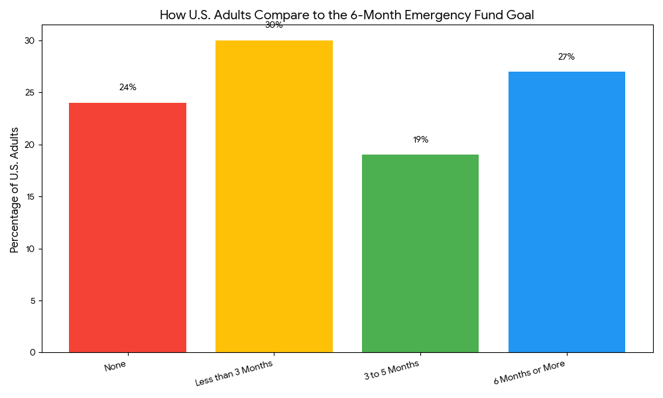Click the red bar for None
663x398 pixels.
[x=127, y=228]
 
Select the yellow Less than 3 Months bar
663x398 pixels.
[x=274, y=196]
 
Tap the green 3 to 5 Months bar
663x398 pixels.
[x=420, y=253]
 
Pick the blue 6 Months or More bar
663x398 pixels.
[x=567, y=212]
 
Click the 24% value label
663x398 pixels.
[x=127, y=88]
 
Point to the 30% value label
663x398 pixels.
[x=274, y=25]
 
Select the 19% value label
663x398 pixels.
[x=420, y=140]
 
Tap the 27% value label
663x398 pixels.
[x=566, y=57]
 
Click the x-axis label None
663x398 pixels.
[x=115, y=366]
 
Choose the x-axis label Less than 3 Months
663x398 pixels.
[x=233, y=373]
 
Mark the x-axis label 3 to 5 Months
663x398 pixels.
[x=391, y=370]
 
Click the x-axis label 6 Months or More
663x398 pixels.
[x=529, y=373]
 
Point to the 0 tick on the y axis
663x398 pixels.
[x=32, y=352]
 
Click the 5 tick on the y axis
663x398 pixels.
[x=32, y=300]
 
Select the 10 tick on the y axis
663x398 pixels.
[x=30, y=249]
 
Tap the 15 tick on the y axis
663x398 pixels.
[x=30, y=197]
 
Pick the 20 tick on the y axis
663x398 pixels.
[x=30, y=145]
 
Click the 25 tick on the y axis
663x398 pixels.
[x=30, y=93]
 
